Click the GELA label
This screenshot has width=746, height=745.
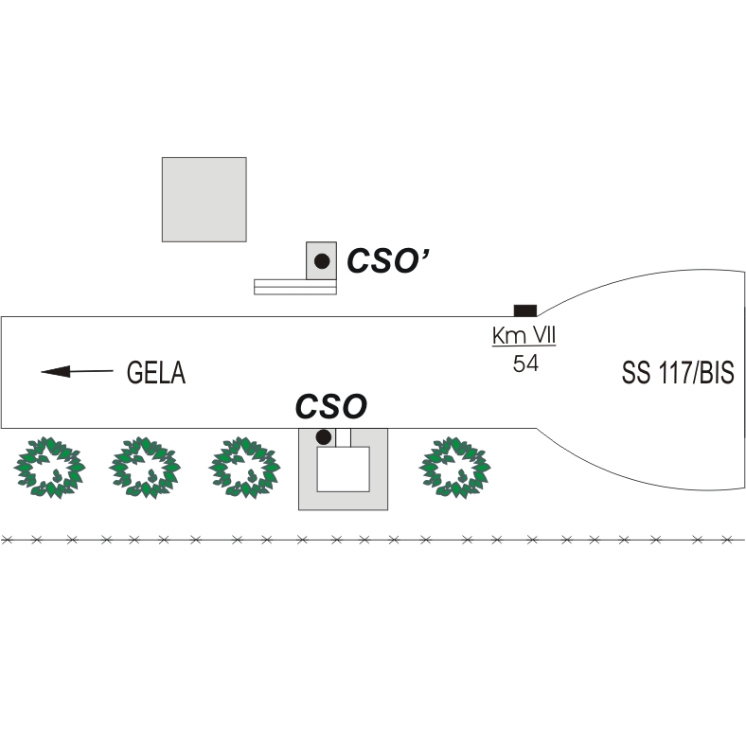tap(156, 372)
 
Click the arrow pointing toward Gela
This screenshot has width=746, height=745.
tap(77, 371)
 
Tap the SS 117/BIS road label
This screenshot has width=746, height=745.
tap(678, 372)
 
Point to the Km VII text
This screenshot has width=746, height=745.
tap(524, 335)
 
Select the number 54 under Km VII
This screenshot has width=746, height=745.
tap(525, 364)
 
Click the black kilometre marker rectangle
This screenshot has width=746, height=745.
tap(525, 310)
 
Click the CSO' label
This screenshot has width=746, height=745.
tap(388, 260)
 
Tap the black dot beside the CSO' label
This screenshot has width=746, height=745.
tap(322, 260)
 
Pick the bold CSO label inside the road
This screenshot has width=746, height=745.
tap(331, 406)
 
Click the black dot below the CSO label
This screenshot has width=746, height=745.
tap(324, 436)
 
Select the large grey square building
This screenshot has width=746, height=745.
tap(204, 200)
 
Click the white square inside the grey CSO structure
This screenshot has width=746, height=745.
tap(343, 470)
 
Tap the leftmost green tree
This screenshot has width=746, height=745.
tap(49, 468)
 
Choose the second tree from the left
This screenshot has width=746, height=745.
tap(145, 468)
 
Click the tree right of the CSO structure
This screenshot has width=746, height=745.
tap(454, 468)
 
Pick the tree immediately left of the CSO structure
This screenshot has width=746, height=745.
tap(244, 468)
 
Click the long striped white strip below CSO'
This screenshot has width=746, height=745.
tap(295, 287)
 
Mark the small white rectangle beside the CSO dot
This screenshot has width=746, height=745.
tap(343, 437)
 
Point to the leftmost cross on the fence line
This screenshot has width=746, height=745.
tap(7, 540)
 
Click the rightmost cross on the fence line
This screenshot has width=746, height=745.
tap(727, 540)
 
